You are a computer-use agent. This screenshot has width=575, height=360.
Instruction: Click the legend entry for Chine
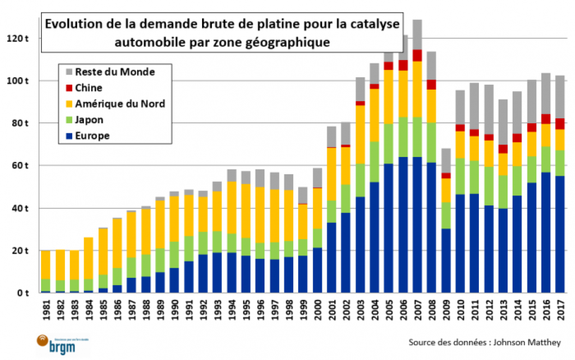click(88, 88)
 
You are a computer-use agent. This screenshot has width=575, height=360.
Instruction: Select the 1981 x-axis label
click(46, 310)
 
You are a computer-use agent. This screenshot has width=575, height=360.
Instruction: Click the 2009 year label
click(446, 310)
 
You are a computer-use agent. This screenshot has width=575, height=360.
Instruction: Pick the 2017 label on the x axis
click(560, 310)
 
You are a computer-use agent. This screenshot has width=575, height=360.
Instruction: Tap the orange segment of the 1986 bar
click(118, 243)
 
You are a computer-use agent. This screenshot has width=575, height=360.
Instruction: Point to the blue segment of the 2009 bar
click(446, 260)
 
